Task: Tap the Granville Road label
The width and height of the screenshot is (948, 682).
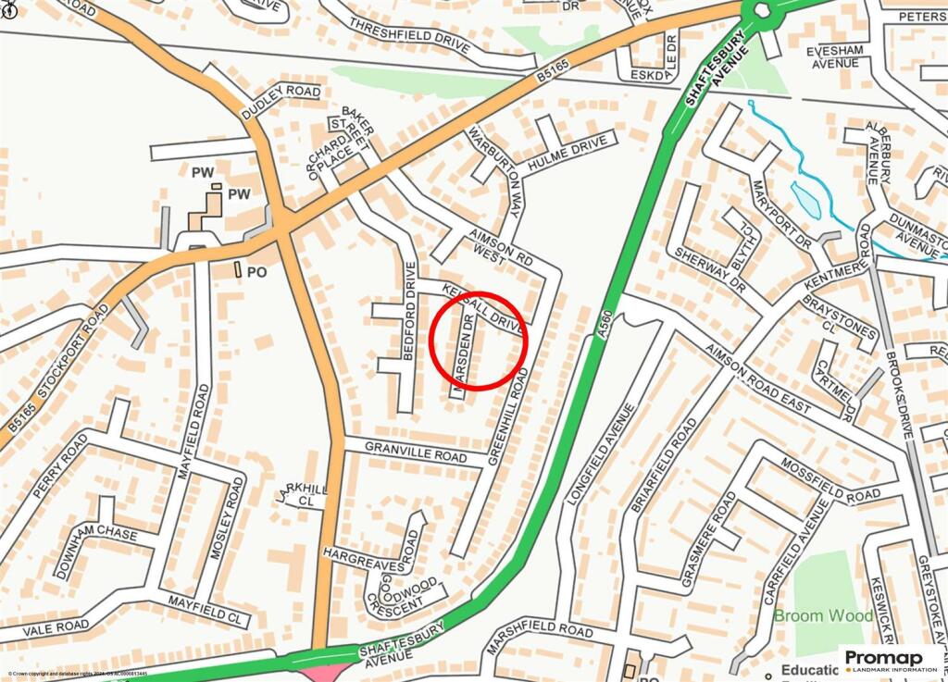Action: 415,453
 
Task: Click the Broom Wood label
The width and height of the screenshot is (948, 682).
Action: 823,616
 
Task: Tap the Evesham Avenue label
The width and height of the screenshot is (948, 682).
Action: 835,56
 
